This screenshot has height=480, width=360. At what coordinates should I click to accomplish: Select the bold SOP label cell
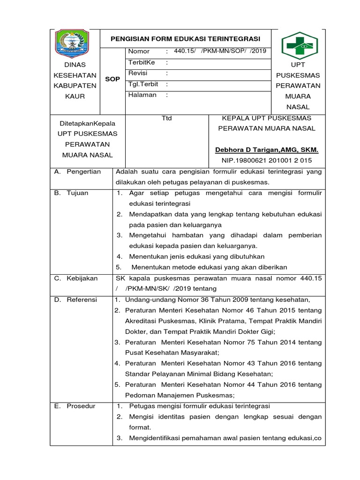coord(112,79)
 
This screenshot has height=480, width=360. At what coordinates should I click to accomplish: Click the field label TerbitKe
coord(141,62)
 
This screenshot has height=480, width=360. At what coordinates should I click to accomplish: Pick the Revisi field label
coord(138,73)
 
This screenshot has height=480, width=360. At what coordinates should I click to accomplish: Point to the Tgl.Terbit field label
coord(143,84)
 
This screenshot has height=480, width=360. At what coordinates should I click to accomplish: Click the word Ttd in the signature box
coord(166,118)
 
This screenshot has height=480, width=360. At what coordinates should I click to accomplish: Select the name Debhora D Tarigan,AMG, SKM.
coord(266,150)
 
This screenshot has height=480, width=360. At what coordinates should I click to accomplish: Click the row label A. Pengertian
coord(77,172)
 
